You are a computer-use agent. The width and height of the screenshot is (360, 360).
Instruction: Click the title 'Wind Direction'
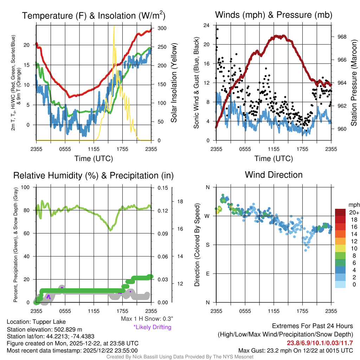pyautogui.click(x=274, y=175)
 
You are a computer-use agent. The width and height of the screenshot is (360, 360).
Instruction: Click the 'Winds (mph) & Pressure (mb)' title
pyautogui.click(x=274, y=15)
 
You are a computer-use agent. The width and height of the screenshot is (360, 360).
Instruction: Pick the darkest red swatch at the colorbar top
pyautogui.click(x=341, y=212)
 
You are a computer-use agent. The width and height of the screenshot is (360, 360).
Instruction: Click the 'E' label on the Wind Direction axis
pyautogui.click(x=207, y=274)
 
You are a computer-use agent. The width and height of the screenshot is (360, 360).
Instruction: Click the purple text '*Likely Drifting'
pyautogui.click(x=152, y=327)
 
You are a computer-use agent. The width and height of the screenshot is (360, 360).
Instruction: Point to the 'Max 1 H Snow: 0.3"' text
pyautogui.click(x=147, y=319)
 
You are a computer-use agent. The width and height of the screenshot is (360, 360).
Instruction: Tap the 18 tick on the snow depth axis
pyautogui.click(x=180, y=201)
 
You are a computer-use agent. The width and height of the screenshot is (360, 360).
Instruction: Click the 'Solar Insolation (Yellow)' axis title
pyautogui.click(x=174, y=83)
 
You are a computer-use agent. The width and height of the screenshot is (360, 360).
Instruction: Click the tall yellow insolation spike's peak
pyautogui.click(x=114, y=27)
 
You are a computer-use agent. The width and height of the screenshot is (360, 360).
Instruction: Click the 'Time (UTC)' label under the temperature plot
pyautogui.click(x=94, y=159)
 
